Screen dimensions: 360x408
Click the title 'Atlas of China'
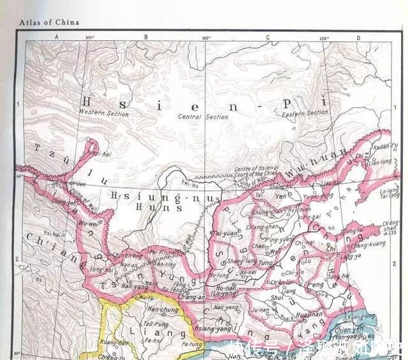coord(49,22)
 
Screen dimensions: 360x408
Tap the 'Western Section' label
coord(104,113)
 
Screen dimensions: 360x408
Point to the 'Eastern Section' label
coord(305,113)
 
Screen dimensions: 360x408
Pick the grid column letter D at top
coord(358,37)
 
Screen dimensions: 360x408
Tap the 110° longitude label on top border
coord(206,38)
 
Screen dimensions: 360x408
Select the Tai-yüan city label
coord(226,234)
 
